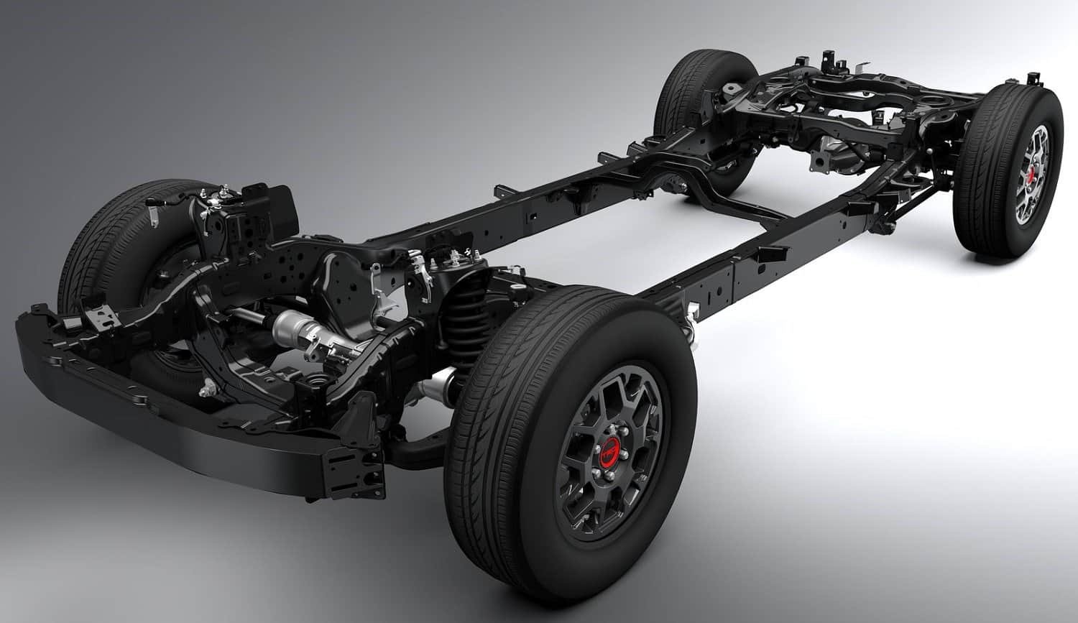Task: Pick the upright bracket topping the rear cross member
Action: tap(834, 60)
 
